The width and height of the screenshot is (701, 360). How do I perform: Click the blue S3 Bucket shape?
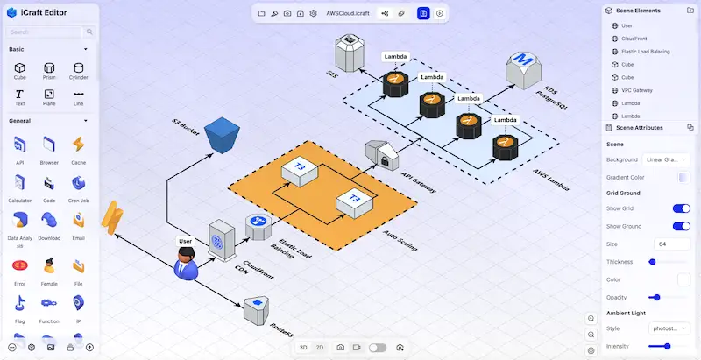[217, 134]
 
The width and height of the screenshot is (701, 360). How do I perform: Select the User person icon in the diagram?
[186, 262]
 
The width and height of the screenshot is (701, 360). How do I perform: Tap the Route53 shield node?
[257, 306]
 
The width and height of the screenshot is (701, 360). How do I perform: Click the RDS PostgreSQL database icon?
[524, 69]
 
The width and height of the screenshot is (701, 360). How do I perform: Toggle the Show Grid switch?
[681, 208]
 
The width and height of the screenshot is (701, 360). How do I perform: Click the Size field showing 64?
[671, 244]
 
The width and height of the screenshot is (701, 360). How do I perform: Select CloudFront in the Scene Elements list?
[634, 39]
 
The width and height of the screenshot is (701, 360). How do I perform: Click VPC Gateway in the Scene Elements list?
[636, 90]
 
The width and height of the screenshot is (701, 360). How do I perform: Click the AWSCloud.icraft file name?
[347, 14]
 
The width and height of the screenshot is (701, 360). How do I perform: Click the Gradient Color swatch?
[684, 178]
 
